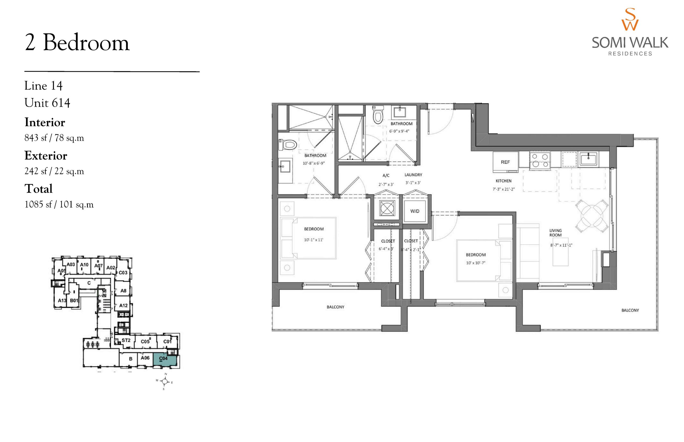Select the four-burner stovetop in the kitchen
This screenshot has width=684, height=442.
539,160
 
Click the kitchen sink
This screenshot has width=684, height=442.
588,159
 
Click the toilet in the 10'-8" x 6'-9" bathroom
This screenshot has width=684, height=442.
288,144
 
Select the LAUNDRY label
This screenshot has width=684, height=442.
413,175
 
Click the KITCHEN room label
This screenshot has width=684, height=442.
503,181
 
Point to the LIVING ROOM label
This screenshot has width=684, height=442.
555,232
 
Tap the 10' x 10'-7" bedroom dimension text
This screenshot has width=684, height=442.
475,263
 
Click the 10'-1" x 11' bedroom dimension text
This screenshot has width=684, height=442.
313,240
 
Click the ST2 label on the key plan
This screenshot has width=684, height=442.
126,340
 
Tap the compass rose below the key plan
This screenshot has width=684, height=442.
165,381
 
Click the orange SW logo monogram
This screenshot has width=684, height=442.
630,19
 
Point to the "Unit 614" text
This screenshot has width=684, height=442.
47,103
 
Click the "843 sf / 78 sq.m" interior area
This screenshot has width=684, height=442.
54,138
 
